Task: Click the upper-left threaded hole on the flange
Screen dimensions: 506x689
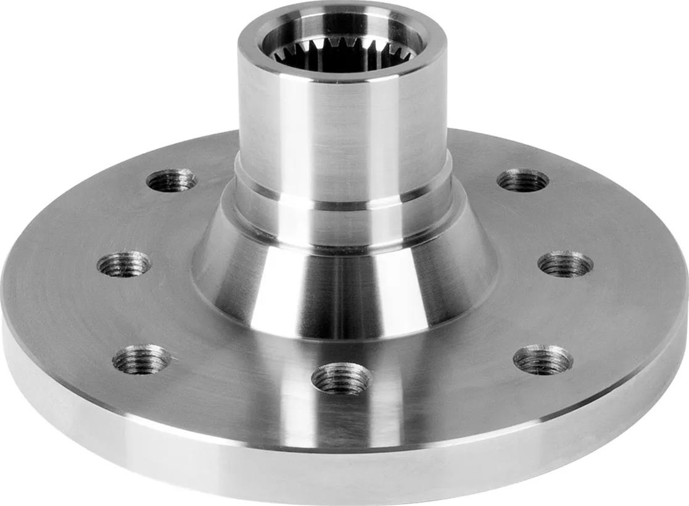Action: [x=171, y=180]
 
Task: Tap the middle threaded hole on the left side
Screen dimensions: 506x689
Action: [x=124, y=264]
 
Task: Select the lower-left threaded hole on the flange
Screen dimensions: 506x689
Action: [x=142, y=359]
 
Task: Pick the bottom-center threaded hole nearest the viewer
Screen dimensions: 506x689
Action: [x=341, y=378]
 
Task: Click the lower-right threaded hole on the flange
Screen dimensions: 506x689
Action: [x=543, y=360]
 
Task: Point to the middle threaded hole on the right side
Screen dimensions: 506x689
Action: [x=565, y=264]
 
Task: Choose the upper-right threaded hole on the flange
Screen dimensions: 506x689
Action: [x=523, y=180]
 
